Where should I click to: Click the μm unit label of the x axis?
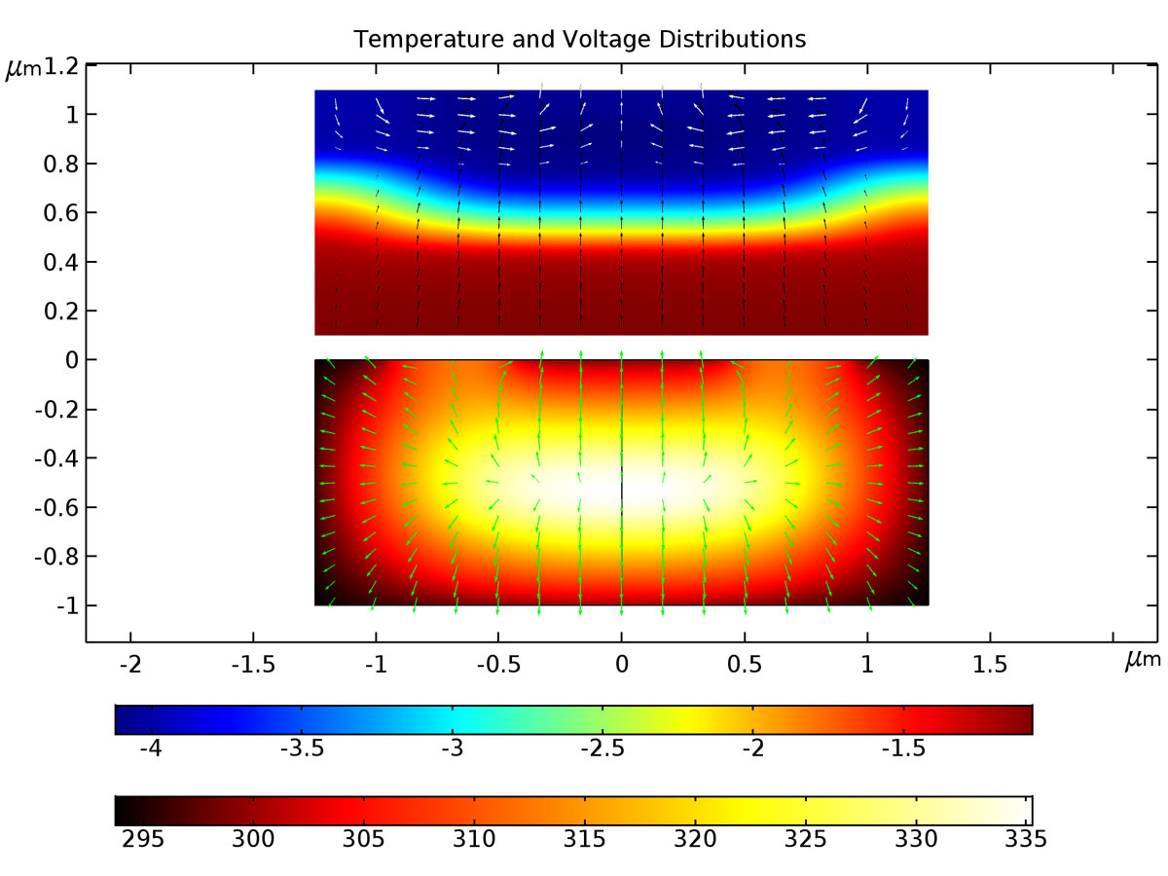(1143, 661)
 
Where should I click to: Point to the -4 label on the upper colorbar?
(150, 750)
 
